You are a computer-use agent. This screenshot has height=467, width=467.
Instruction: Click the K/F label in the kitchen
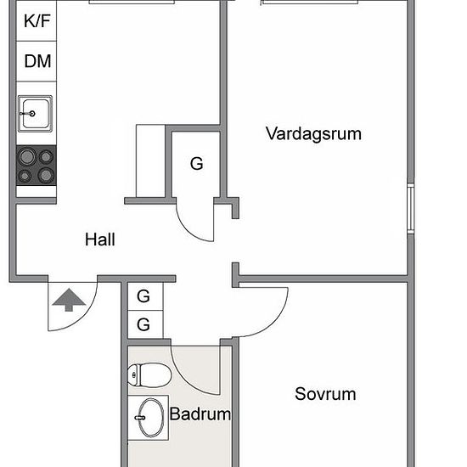click(37, 21)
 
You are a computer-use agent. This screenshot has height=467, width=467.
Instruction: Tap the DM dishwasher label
click(37, 61)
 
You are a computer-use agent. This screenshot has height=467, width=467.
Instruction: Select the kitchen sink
click(35, 114)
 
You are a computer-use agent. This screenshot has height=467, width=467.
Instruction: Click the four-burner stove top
click(37, 166)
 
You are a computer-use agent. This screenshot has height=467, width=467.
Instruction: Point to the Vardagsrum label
click(313, 133)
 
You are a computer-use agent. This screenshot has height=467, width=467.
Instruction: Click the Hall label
click(100, 239)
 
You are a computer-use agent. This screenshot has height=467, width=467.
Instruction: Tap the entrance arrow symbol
click(69, 300)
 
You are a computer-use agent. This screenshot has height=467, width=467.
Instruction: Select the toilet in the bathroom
click(149, 375)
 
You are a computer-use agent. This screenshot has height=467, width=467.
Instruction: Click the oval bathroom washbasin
click(150, 418)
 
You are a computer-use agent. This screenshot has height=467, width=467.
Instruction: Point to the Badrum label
click(200, 414)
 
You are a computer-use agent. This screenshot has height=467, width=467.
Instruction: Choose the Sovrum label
click(325, 394)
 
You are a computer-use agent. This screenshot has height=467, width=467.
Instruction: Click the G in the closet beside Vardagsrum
click(197, 164)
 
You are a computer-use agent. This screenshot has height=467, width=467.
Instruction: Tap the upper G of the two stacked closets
click(143, 296)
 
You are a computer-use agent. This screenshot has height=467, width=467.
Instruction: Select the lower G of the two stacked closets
click(143, 324)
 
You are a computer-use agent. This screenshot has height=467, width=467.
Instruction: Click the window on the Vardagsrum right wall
click(411, 208)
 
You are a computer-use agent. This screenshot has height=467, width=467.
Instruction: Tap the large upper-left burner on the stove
click(27, 157)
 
